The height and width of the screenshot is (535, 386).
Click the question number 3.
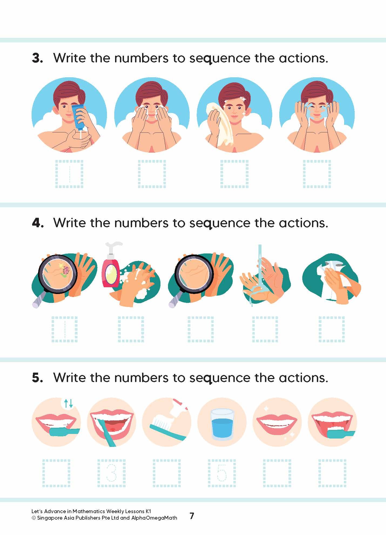[37, 58]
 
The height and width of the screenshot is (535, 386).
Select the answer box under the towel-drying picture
[234, 174]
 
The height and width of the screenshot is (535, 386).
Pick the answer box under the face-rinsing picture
[317, 174]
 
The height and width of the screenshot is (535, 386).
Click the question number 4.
[37, 223]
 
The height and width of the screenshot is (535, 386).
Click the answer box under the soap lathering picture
[131, 329]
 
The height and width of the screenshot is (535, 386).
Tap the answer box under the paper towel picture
[332, 329]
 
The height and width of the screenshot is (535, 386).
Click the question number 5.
[37, 378]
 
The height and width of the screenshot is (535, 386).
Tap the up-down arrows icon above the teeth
[68, 403]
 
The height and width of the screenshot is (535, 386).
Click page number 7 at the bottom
[192, 516]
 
